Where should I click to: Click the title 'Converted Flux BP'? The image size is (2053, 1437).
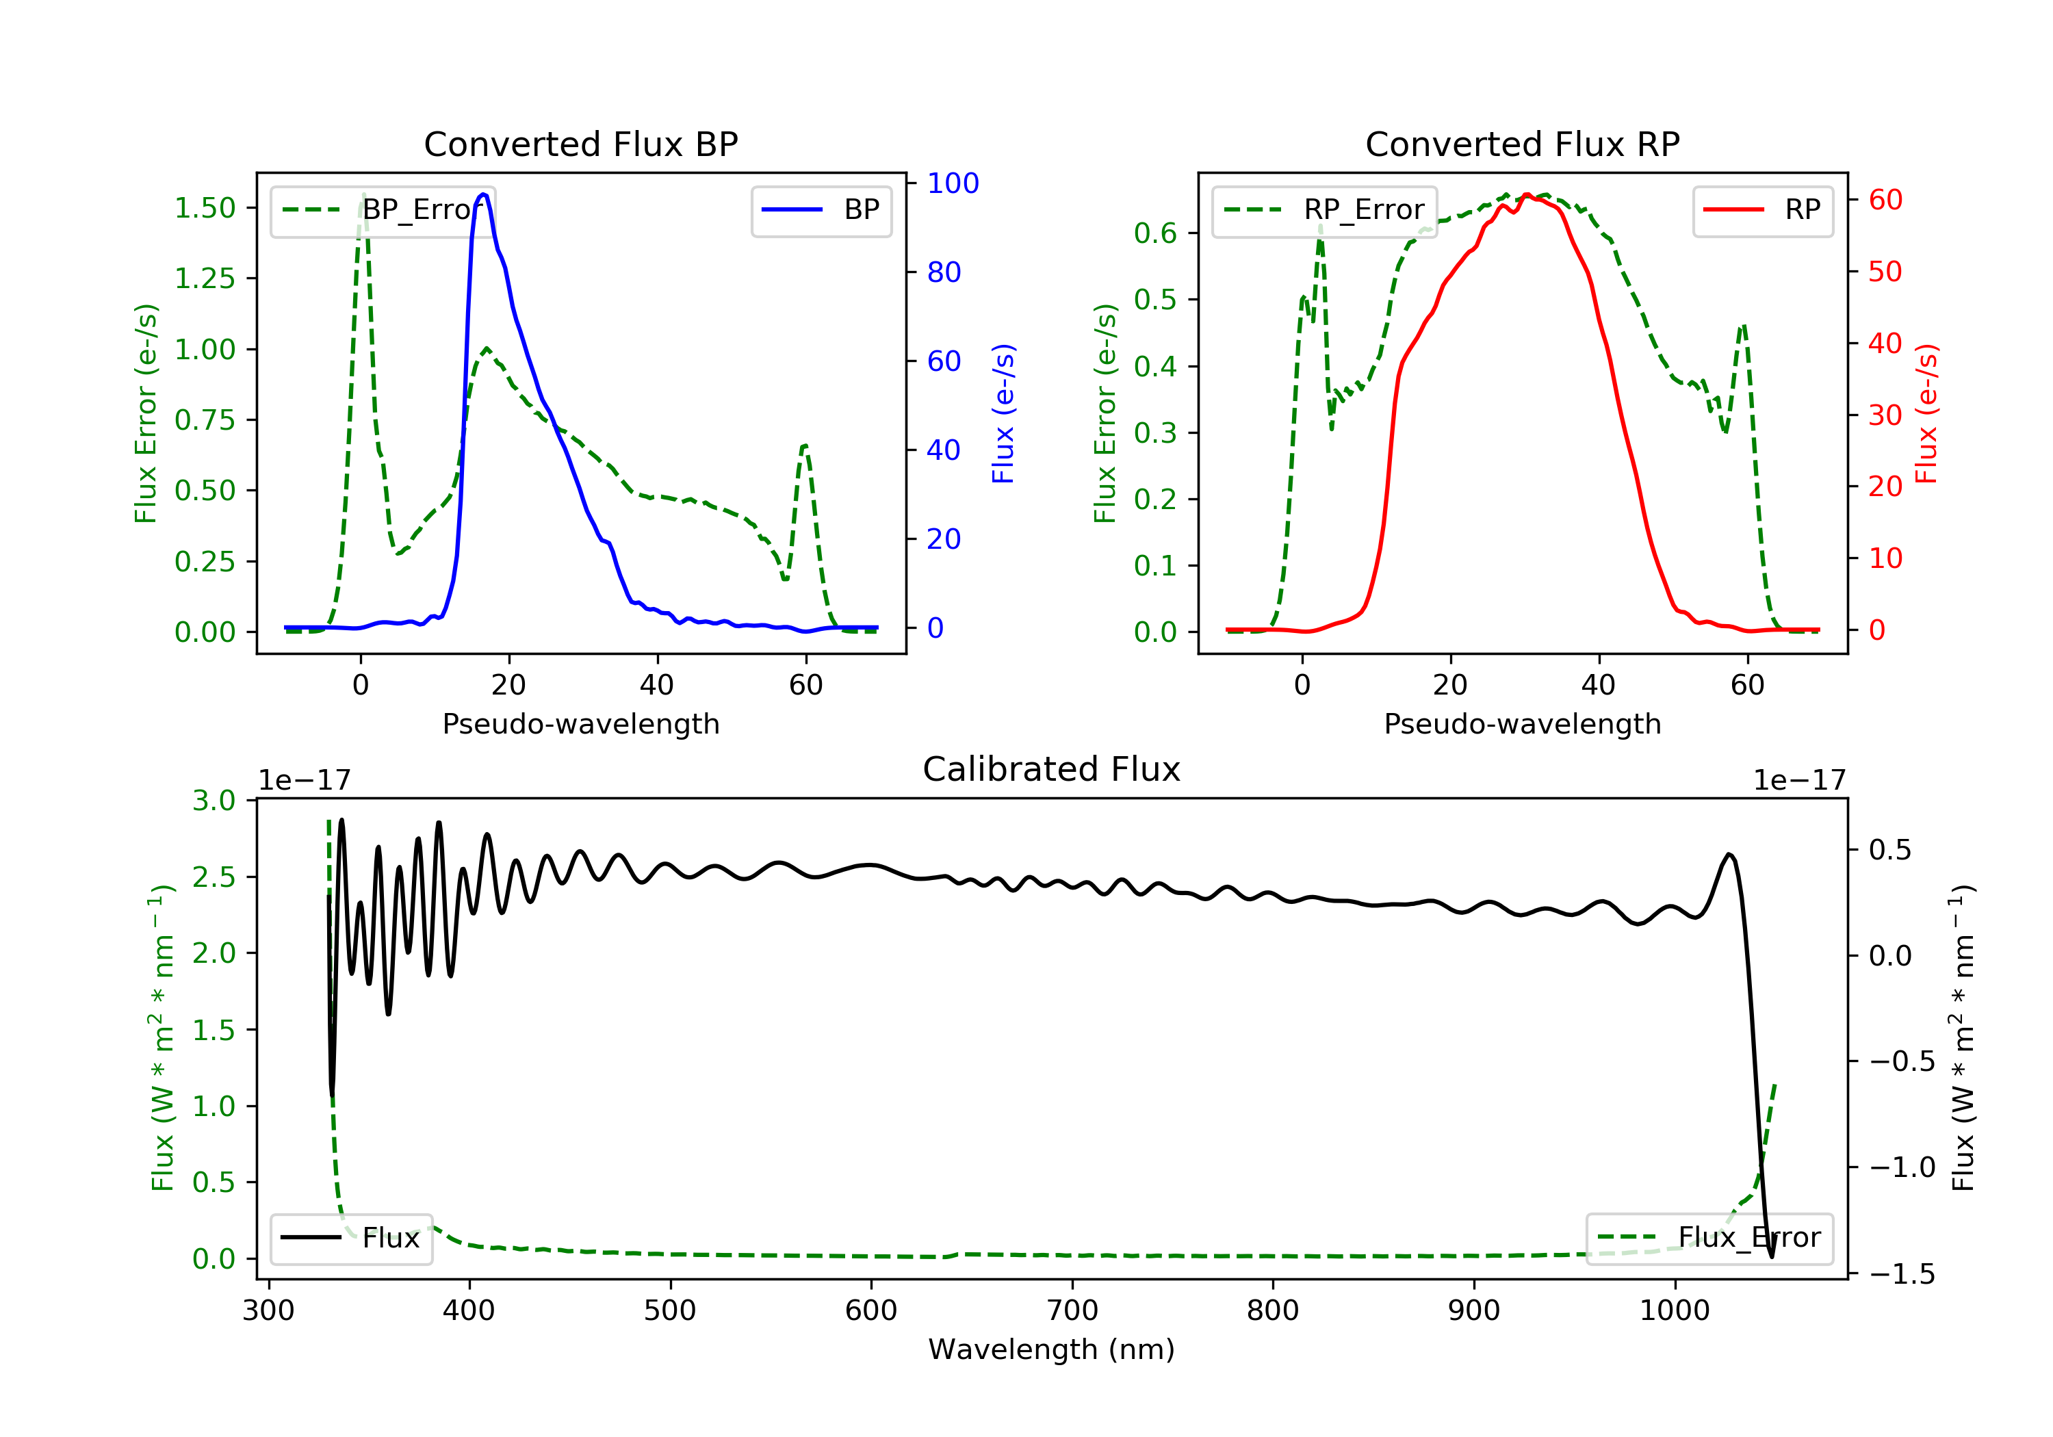pos(580,144)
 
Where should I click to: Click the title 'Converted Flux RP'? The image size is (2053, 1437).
pos(1522,144)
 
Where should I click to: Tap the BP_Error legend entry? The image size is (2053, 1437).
pos(383,210)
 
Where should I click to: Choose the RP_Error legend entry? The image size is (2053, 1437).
pos(1324,210)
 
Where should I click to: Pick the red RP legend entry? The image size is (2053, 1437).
pos(1762,210)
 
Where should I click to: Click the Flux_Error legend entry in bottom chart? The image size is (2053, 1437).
pos(1709,1238)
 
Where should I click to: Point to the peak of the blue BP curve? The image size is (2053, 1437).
pos(484,194)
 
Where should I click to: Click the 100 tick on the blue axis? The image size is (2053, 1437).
pos(953,183)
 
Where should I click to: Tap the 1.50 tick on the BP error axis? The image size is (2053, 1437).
pos(205,208)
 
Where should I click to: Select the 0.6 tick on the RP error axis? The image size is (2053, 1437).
pos(1154,233)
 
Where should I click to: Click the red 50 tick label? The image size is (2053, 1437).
pos(1885,272)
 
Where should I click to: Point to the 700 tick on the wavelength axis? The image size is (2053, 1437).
pos(1072,1311)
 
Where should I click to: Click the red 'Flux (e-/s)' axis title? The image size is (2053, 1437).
pos(1926,413)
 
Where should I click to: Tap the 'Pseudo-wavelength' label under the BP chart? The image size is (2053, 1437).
pos(580,723)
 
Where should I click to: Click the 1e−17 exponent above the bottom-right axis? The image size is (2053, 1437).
pos(1799,781)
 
